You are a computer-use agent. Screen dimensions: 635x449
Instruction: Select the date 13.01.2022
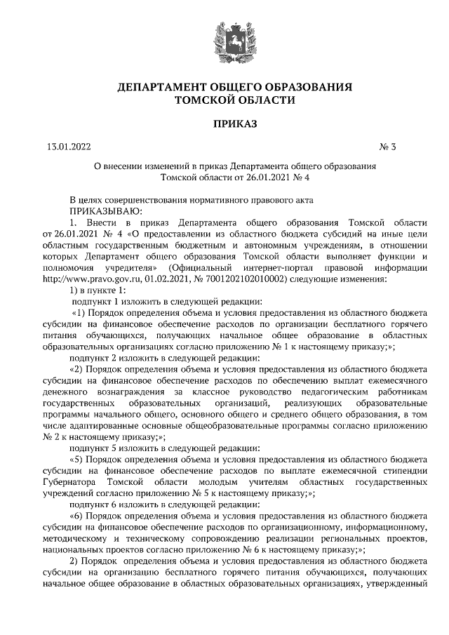[x=68, y=147]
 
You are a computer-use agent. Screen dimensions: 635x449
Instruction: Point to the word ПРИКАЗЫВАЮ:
[x=105, y=209]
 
